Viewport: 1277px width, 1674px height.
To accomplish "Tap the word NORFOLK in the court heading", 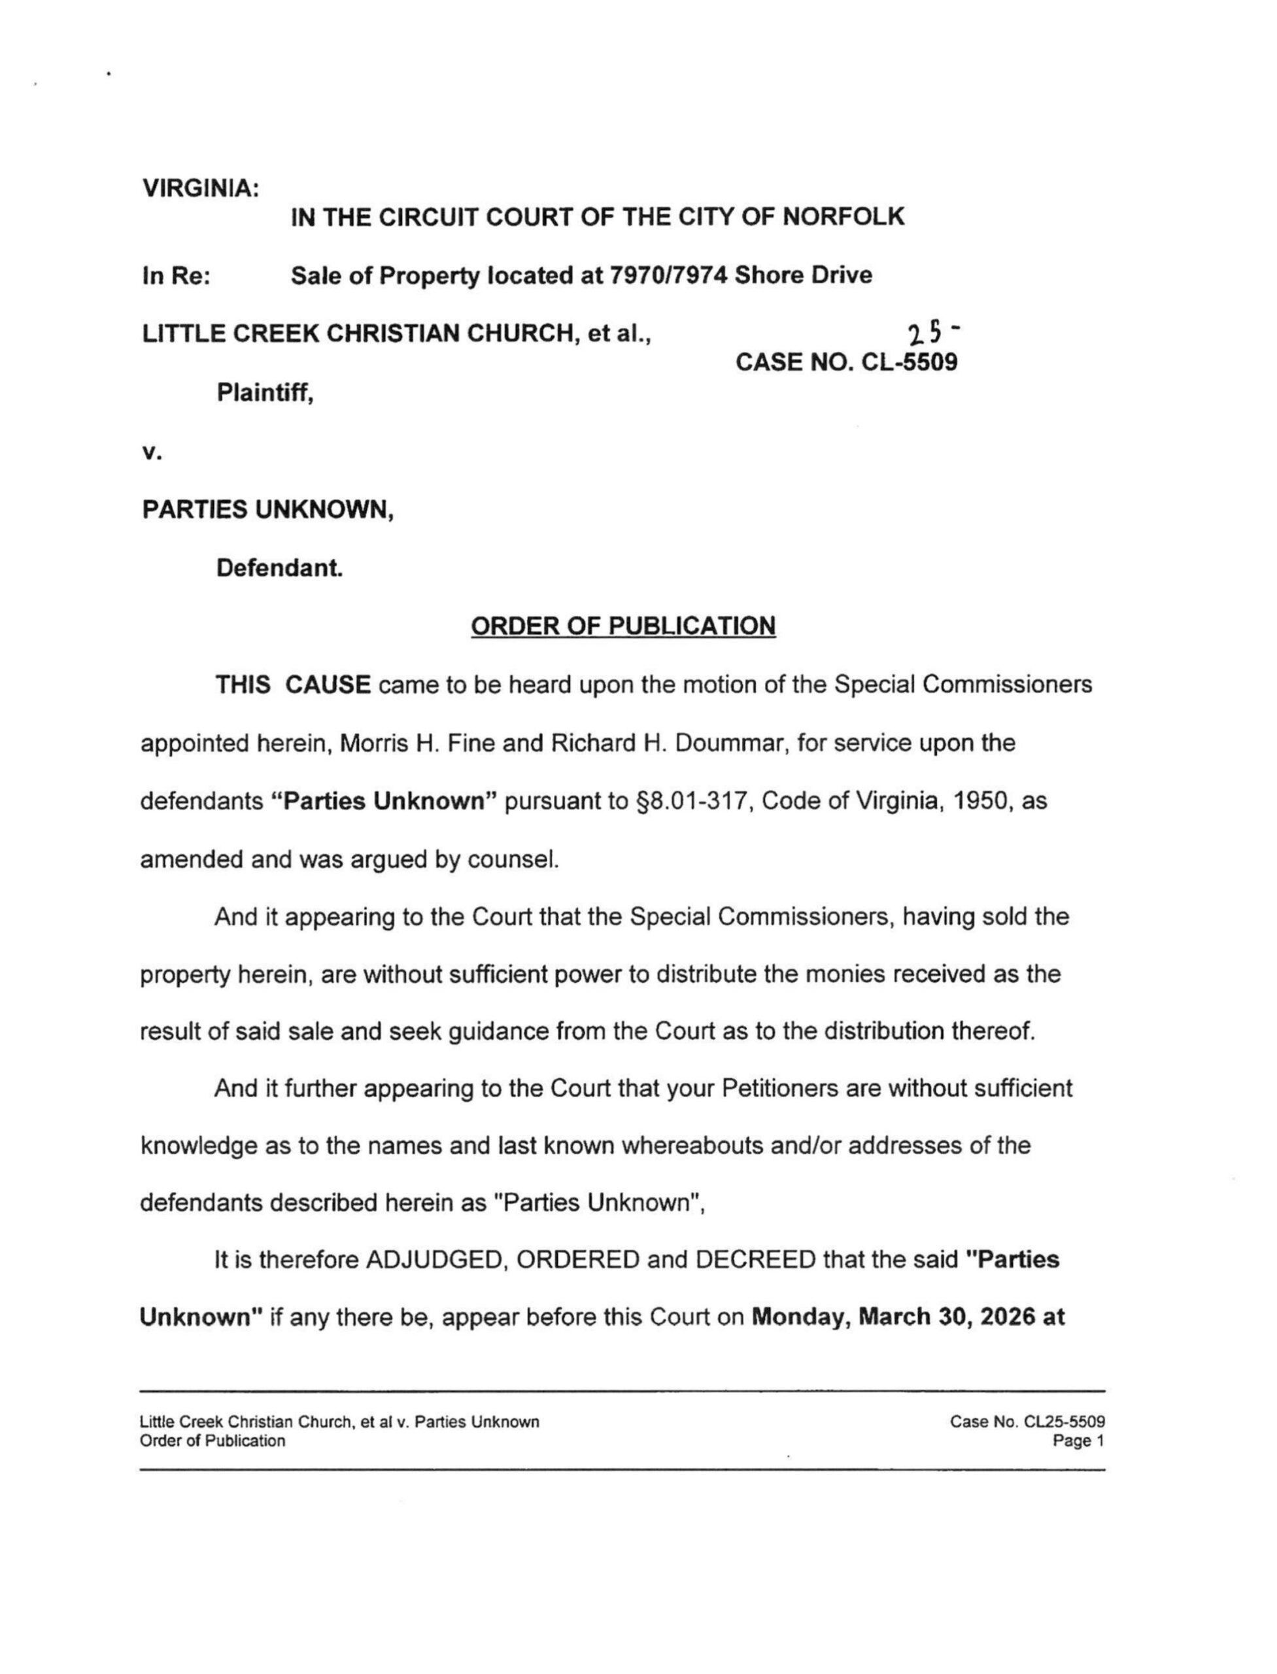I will tap(843, 216).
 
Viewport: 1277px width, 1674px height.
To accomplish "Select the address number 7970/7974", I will tap(668, 275).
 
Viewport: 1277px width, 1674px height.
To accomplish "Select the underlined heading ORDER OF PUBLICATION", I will tap(623, 626).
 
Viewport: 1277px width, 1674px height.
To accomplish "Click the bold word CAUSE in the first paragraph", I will tap(328, 685).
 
